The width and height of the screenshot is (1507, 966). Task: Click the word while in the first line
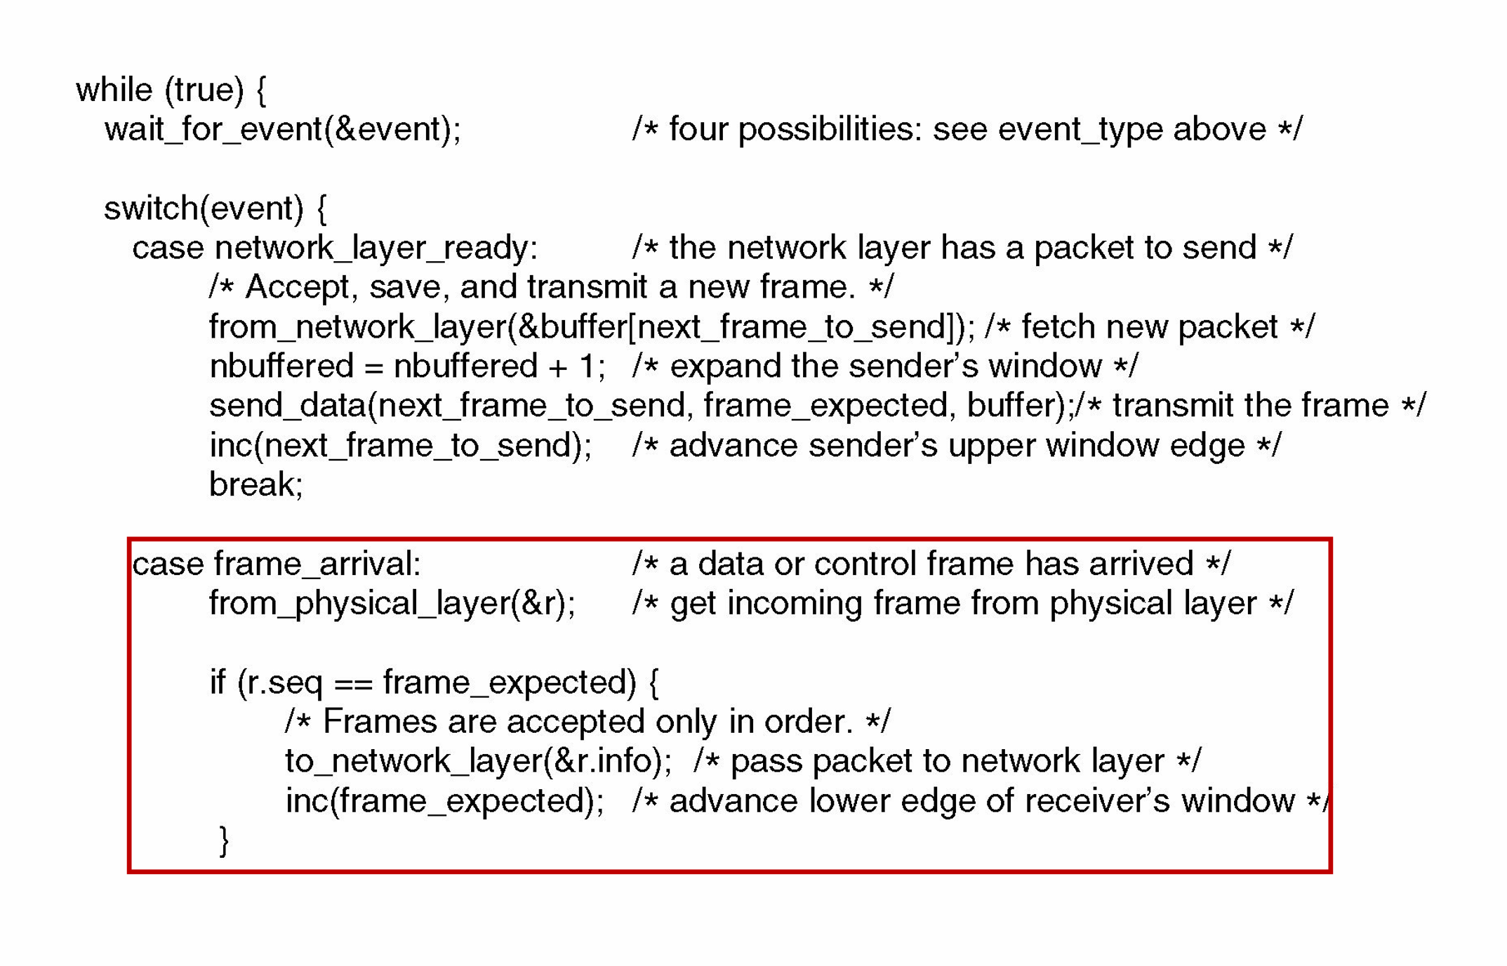[114, 91]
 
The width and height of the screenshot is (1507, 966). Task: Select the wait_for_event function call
[282, 130]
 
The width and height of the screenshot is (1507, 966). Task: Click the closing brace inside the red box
[224, 840]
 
